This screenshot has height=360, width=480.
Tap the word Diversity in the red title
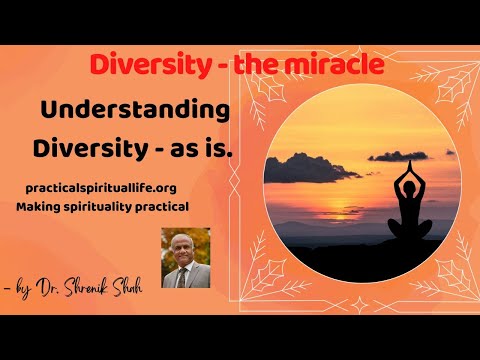coord(146,65)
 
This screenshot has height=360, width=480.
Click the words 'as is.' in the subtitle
coord(201,147)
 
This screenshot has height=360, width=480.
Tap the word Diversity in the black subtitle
coord(85,147)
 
